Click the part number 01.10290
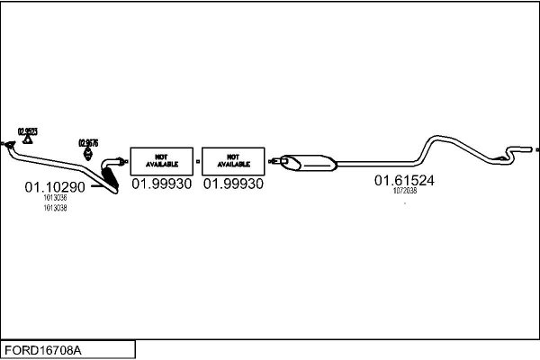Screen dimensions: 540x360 click(x=54, y=187)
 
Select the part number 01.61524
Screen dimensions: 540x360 click(x=404, y=180)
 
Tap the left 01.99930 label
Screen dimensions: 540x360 click(x=162, y=184)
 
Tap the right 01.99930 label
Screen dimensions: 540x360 click(x=233, y=184)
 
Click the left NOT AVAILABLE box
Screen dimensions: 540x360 click(x=162, y=160)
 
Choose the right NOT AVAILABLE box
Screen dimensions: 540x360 click(x=233, y=160)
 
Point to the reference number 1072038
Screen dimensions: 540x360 click(x=405, y=191)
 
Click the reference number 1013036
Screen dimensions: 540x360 click(x=55, y=198)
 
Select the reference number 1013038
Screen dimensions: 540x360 click(x=55, y=208)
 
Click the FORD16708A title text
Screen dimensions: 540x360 click(x=43, y=349)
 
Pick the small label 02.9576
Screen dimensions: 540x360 click(x=88, y=141)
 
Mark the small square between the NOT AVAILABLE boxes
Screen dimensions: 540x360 click(x=197, y=163)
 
